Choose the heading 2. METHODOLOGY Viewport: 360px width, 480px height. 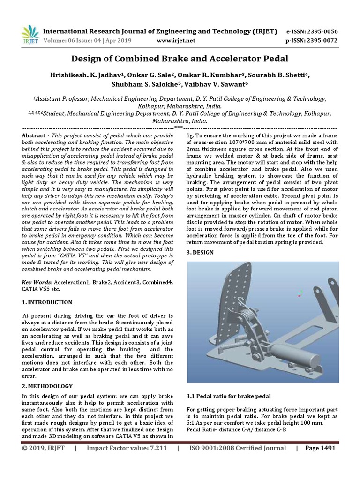[48, 386]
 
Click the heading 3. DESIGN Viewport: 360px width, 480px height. [200, 252]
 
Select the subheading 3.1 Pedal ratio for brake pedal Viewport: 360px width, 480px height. [228, 397]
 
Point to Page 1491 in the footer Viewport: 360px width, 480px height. [320, 461]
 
